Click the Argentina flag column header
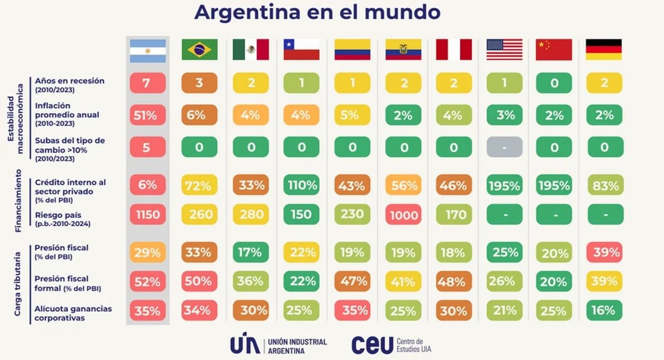point(148,51)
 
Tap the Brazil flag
point(199,50)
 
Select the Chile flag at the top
point(301,50)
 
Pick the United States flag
point(504,50)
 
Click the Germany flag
point(603,50)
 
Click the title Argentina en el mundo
point(317,12)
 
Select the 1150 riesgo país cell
point(148,214)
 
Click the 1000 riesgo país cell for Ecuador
point(403,214)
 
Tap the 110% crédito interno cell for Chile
point(301,185)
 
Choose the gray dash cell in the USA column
point(504,147)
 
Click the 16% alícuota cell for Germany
point(603,310)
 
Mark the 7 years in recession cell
point(148,83)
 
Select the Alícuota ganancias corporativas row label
point(73,313)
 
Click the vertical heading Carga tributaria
point(18,284)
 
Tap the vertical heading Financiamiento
point(18,200)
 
